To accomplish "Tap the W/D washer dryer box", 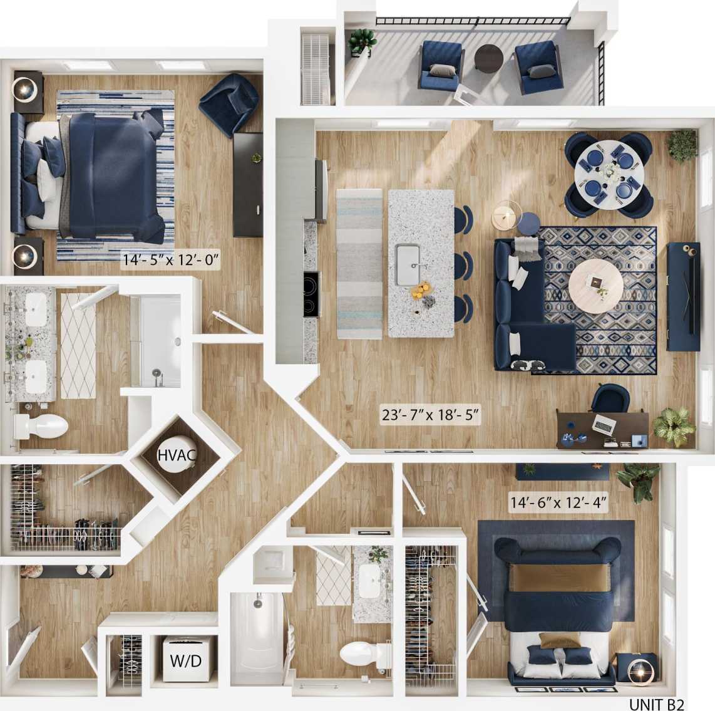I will [186, 661].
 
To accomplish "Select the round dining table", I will [607, 171].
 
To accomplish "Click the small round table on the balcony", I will [488, 59].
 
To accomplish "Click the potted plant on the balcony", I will [363, 41].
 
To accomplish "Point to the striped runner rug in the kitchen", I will [359, 263].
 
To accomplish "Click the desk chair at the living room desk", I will [610, 398].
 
